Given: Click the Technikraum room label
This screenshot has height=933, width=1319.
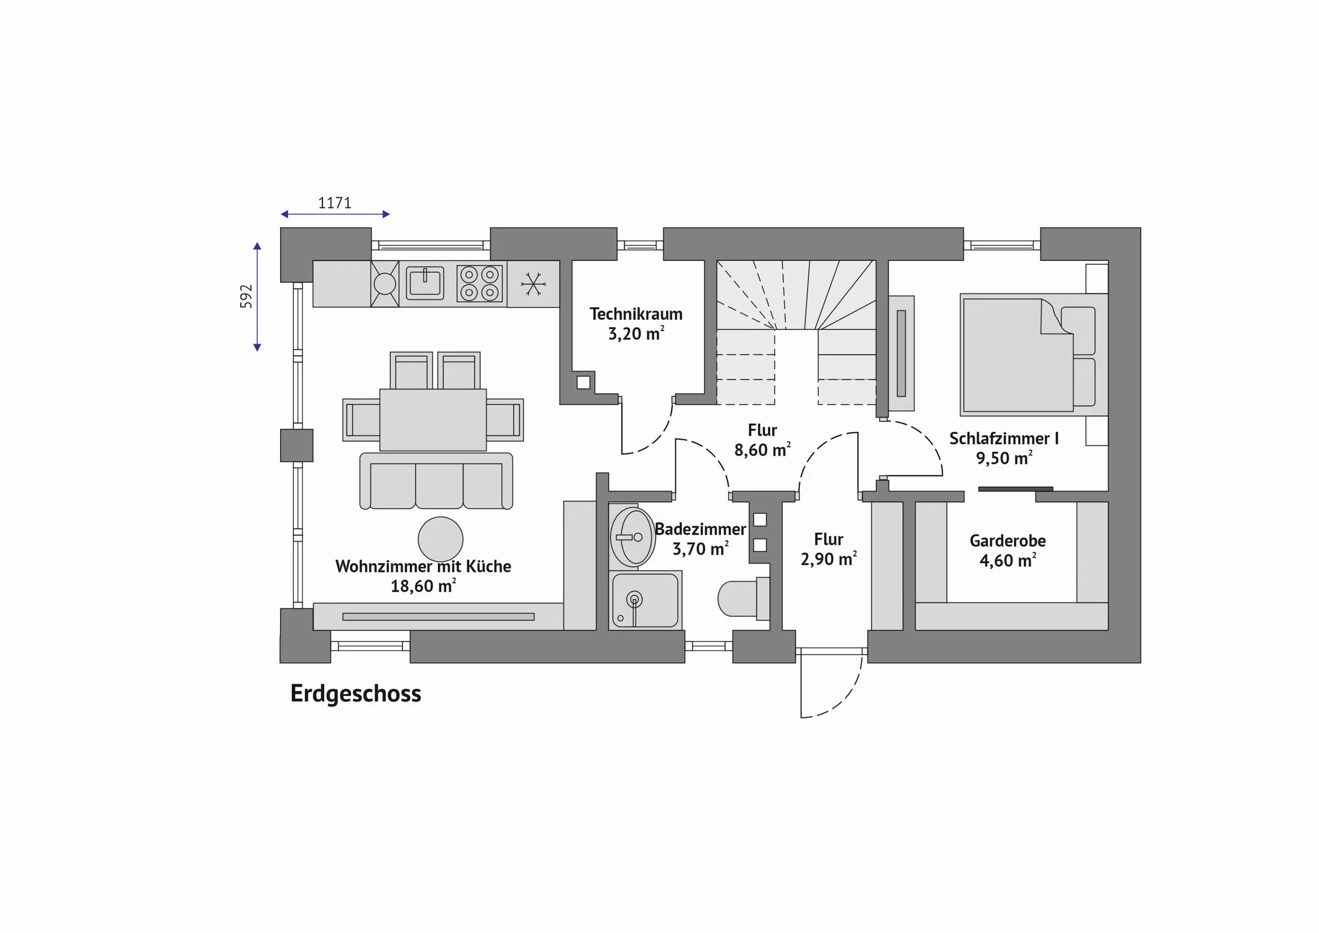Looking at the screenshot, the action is click(x=636, y=315).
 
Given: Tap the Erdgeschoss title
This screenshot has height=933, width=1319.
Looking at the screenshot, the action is click(x=356, y=693).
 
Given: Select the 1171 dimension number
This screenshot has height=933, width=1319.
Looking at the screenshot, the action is click(x=334, y=203).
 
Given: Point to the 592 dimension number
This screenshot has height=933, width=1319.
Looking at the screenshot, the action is click(x=246, y=297).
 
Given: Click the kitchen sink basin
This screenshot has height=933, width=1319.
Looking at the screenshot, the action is click(x=425, y=283).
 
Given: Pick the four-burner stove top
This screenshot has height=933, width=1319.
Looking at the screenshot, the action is click(x=480, y=283).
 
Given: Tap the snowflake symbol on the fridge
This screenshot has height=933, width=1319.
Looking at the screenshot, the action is click(x=533, y=284).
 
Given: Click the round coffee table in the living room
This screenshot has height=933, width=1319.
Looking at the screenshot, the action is click(x=441, y=539).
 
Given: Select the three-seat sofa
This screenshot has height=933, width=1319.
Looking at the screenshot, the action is click(x=436, y=481).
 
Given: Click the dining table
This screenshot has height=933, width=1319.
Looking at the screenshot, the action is click(x=433, y=420).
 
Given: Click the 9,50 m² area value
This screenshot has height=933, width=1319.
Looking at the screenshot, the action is click(x=1004, y=458).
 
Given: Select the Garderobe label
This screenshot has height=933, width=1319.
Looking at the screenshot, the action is click(x=1008, y=540).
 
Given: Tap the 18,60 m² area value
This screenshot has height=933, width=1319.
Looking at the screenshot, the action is click(x=423, y=586).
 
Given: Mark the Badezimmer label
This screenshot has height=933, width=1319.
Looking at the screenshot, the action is click(x=700, y=529).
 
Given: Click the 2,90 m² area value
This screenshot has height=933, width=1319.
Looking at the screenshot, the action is click(x=828, y=559).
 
